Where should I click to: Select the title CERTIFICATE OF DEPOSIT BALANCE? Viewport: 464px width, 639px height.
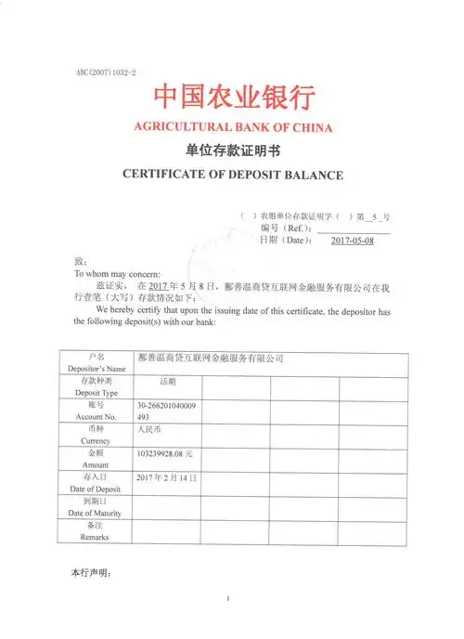pos(233,174)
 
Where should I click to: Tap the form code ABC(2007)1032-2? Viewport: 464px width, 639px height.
pos(106,72)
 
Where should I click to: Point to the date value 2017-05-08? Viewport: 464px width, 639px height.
pos(353,240)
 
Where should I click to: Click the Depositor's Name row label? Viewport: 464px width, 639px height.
pos(97,363)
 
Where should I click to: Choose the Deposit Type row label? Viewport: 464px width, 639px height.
pos(97,387)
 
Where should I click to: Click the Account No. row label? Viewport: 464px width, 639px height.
pos(97,411)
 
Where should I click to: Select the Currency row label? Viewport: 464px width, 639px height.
pos(97,436)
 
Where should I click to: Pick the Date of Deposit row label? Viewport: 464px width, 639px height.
pos(97,483)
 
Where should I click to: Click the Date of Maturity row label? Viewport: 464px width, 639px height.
pos(97,507)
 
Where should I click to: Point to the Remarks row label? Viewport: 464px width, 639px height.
pos(97,531)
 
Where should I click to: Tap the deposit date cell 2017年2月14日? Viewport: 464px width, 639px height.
pos(166,477)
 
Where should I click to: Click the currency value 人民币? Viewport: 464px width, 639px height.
pos(149,430)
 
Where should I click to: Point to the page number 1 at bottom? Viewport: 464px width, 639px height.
pos(228,598)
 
